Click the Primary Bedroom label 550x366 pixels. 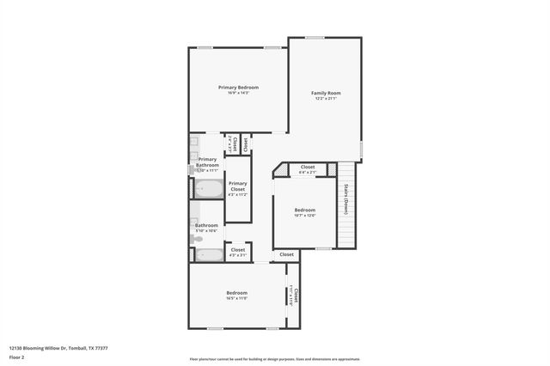(x=238, y=87)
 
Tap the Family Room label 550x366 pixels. (x=326, y=93)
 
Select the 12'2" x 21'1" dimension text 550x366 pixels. (x=326, y=99)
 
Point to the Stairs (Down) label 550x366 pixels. (x=346, y=198)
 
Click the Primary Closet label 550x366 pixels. (x=238, y=186)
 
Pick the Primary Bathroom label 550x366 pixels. (x=207, y=162)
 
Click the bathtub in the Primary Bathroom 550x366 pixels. (x=208, y=189)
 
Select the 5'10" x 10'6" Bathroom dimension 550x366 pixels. (x=206, y=231)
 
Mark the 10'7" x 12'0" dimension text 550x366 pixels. (x=305, y=216)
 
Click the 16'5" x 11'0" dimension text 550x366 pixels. (x=237, y=298)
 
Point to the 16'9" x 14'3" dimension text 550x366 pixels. (x=238, y=93)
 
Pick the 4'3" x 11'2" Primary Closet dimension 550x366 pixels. (x=238, y=195)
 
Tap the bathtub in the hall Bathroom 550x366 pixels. (x=208, y=254)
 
